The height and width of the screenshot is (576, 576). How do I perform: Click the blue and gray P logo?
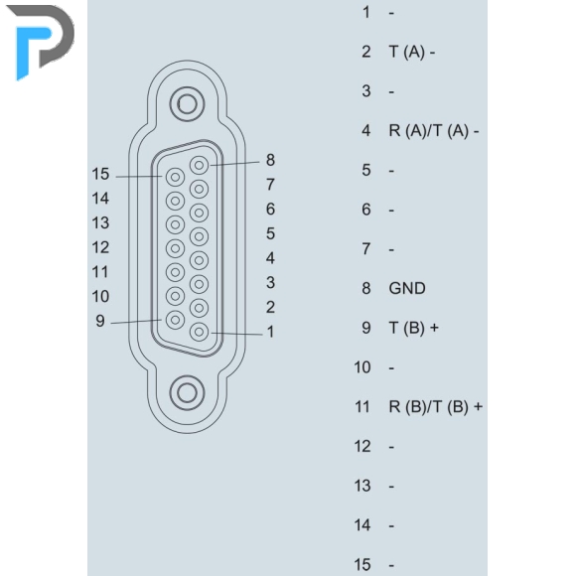41,41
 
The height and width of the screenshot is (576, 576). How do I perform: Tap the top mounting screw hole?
187,104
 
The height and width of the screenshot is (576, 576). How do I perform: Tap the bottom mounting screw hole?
187,392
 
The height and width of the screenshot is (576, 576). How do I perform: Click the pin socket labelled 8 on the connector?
199,165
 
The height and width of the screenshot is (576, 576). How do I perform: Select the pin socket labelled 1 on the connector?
199,332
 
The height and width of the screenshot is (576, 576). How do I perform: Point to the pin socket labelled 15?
175,178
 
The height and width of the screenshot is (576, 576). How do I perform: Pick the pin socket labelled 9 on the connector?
175,320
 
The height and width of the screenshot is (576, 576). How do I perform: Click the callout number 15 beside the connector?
100,174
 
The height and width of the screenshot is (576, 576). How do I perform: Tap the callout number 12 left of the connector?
100,247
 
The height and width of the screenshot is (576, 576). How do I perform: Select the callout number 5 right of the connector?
270,233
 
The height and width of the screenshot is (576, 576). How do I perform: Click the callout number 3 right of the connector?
270,282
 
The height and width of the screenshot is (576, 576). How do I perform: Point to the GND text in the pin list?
407,288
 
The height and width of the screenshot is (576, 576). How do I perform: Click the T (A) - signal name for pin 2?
412,52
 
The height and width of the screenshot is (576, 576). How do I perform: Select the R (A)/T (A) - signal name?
434,131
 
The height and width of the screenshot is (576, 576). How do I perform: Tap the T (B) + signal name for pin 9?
414,328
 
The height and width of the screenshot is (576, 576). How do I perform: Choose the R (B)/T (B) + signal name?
436,407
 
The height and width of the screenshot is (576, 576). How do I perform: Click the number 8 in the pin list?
366,288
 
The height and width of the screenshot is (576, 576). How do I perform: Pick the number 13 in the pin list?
362,486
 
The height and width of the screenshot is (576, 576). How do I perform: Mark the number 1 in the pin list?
366,12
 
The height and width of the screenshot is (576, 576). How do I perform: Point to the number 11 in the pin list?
362,407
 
